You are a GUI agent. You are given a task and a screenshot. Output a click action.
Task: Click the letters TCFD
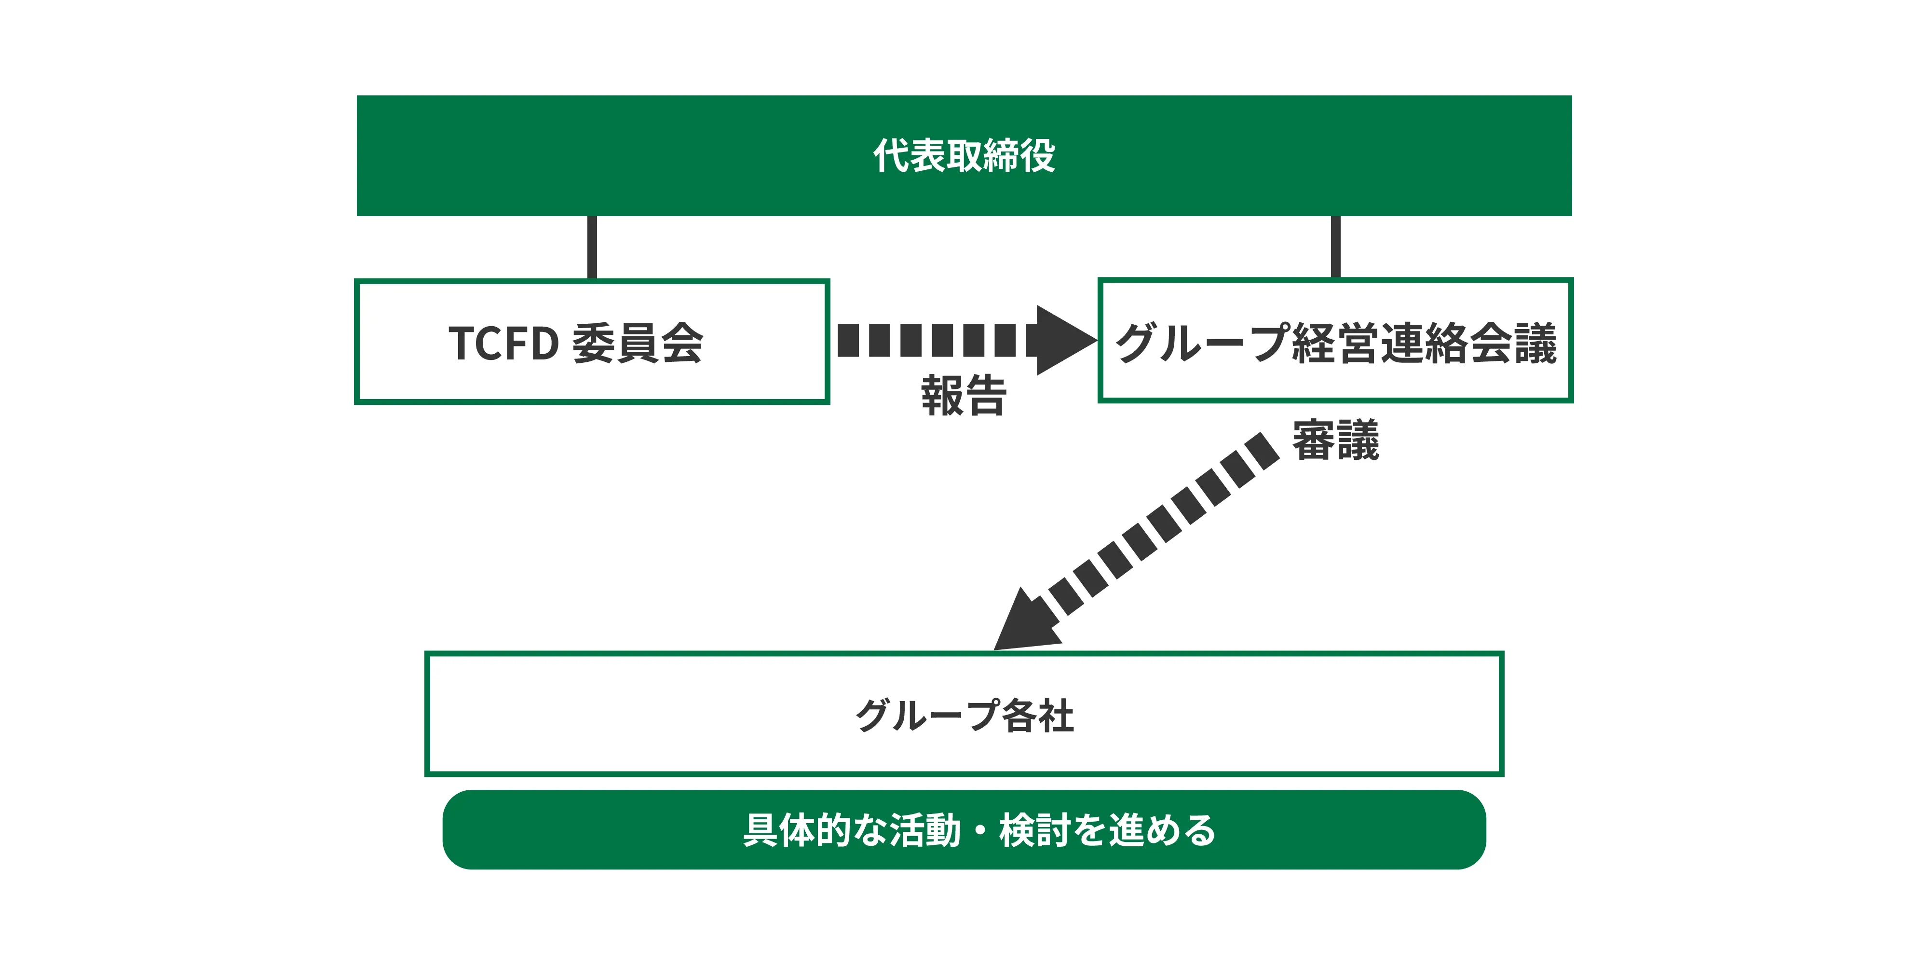point(503,343)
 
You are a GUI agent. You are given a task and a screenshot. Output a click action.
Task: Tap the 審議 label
point(1335,441)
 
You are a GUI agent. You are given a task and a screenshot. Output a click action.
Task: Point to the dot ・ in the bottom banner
point(979,830)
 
